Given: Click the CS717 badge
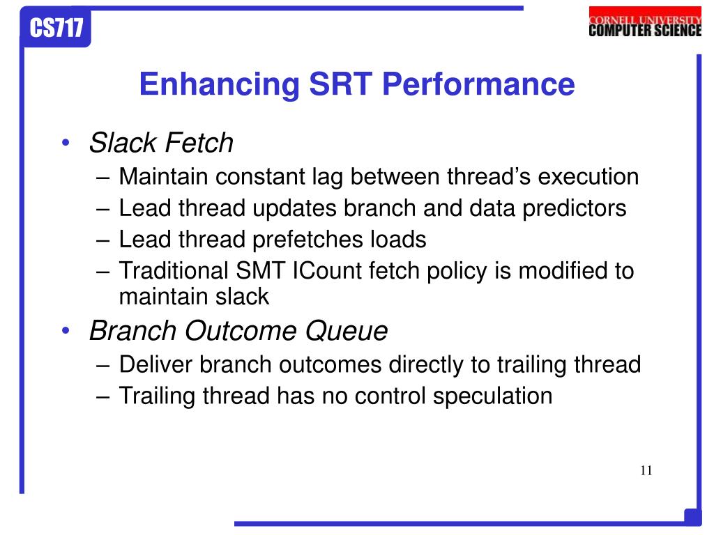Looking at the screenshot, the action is tap(56, 28).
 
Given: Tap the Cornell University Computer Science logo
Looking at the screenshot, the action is tap(645, 22).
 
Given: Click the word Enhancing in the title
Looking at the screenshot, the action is tap(220, 85).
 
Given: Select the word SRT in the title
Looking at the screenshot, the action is tap(341, 84).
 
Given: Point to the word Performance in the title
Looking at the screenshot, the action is tap(478, 84).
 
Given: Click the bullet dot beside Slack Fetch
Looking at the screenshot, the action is tap(66, 142).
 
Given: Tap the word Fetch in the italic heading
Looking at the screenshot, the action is tap(199, 142).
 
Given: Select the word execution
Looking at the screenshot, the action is tap(588, 176).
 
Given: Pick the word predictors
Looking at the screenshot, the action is tap(575, 208).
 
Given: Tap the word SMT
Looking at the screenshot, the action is tap(261, 271).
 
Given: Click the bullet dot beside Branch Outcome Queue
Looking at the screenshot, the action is tap(66, 330).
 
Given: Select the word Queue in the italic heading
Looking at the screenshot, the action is tap(347, 331).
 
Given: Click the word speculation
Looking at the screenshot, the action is tap(493, 396).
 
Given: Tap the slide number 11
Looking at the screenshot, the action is tap(646, 470).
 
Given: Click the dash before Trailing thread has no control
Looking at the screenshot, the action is tap(103, 396).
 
